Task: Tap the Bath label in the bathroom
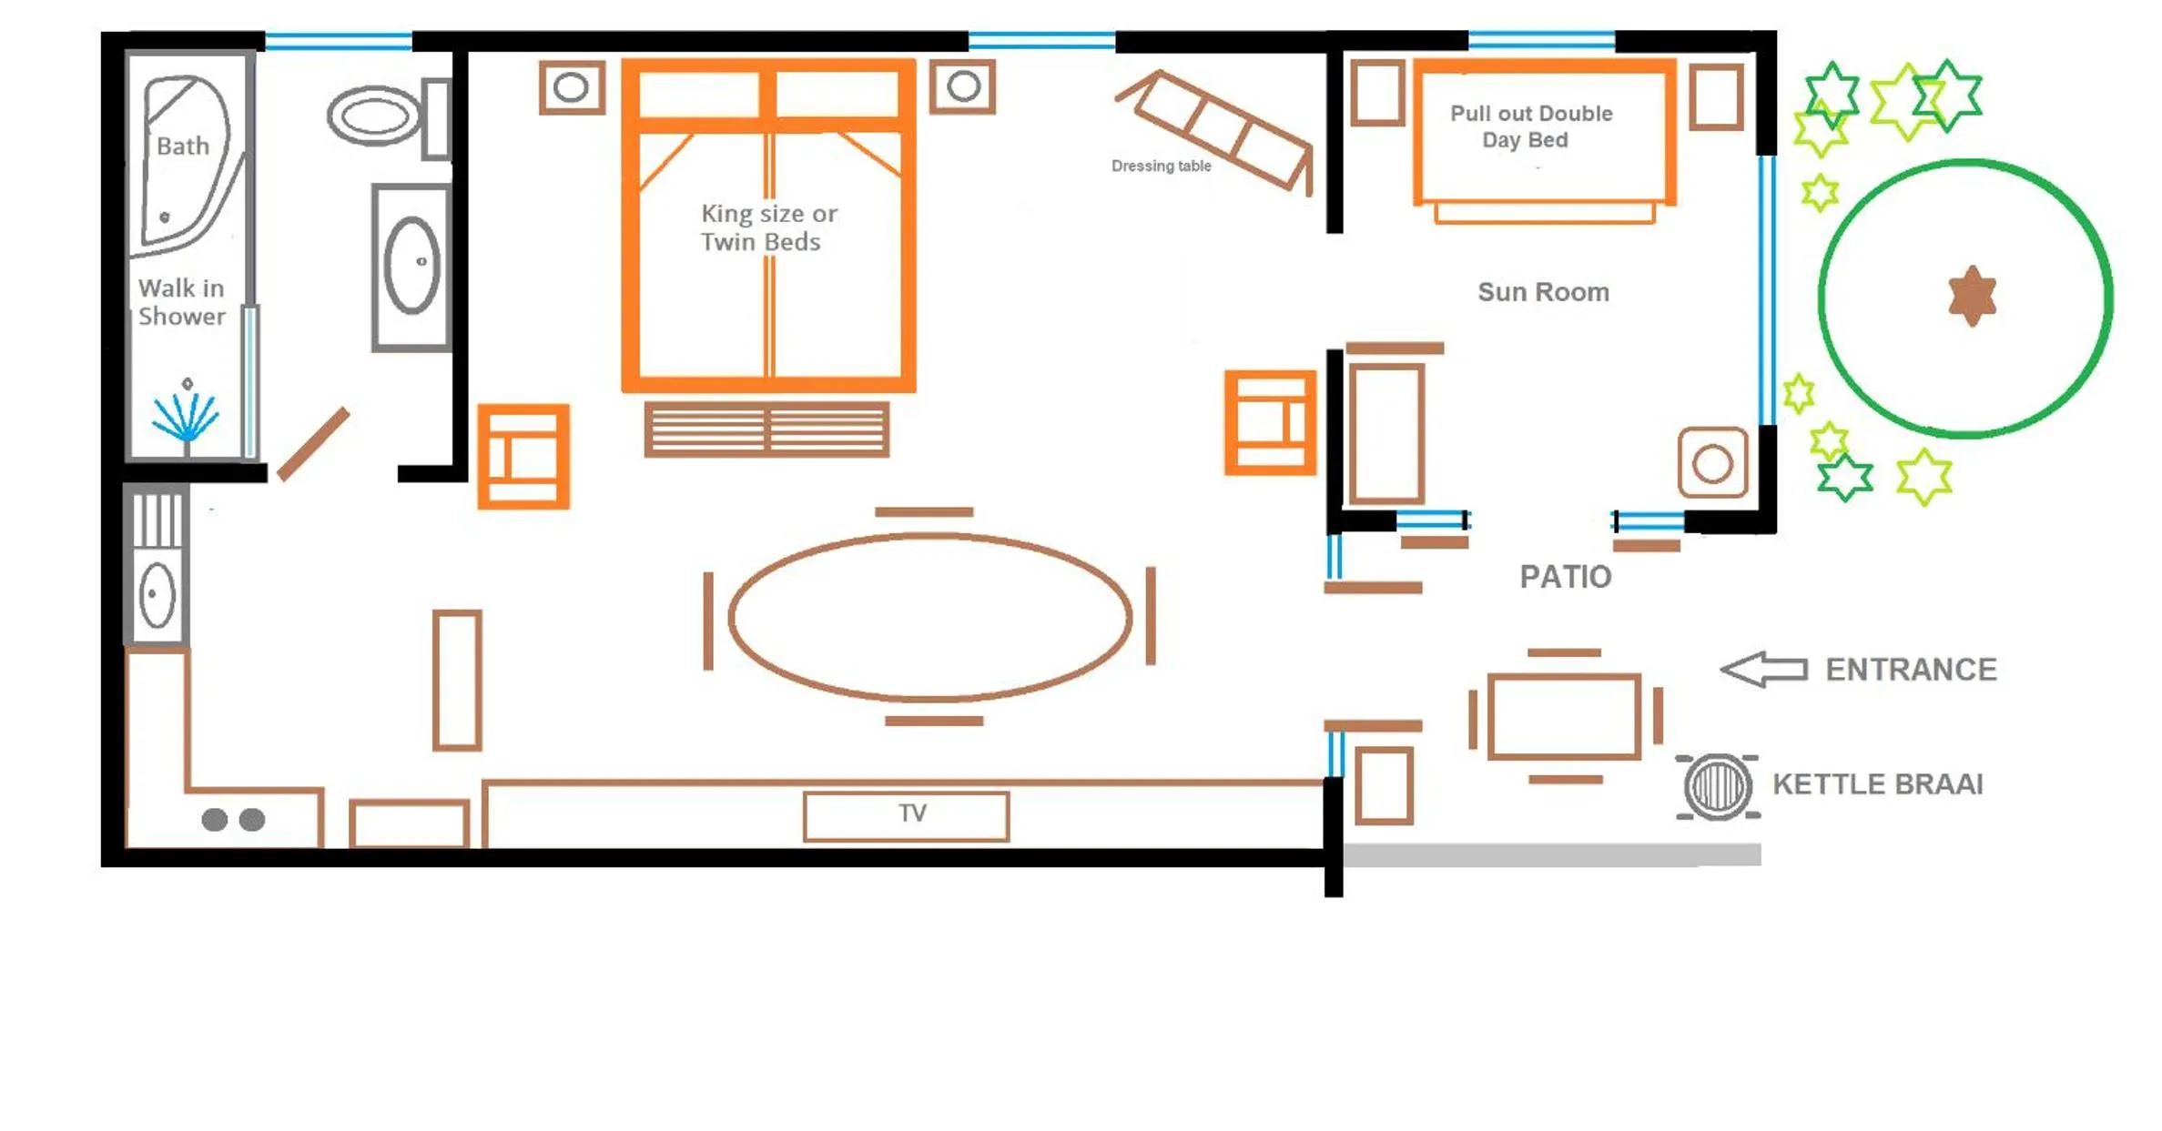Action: (183, 146)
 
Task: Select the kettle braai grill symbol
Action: (1717, 786)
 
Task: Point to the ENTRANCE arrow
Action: (1763, 670)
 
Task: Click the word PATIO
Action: (1565, 577)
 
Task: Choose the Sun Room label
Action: (1543, 292)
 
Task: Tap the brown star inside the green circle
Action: (1972, 296)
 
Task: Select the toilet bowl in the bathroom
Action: (373, 116)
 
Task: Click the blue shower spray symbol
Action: (186, 419)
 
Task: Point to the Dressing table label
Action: (1161, 166)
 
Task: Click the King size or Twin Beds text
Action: (767, 227)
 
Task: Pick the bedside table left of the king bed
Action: (572, 87)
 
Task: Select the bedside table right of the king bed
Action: (962, 86)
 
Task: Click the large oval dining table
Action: (929, 617)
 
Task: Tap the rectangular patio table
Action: (1564, 716)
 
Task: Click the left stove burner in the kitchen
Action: (215, 820)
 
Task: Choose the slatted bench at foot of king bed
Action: (766, 429)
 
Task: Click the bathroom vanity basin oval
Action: (411, 265)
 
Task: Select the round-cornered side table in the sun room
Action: (1712, 463)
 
